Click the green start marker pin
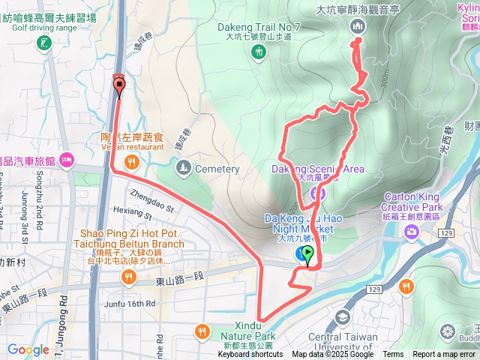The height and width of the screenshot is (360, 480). pos(307,255)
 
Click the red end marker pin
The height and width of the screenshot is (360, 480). pos(118,86)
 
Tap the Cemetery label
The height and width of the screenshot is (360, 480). pos(217,169)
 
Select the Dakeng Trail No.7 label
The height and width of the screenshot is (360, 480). pos(259,28)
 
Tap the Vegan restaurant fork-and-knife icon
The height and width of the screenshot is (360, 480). pos(132,161)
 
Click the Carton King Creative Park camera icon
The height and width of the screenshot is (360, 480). pos(412,231)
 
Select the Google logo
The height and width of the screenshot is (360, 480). pos(28,349)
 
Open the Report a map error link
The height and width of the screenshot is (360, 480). pos(444,355)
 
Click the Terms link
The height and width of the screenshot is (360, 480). pos(393,355)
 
